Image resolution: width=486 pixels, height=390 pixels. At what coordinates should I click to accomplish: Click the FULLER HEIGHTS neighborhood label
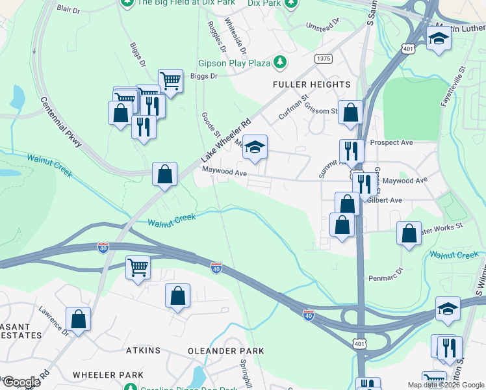[311, 84]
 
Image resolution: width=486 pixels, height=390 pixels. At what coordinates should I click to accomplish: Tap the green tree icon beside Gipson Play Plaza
[280, 62]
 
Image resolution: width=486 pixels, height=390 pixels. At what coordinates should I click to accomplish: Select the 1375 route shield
[324, 58]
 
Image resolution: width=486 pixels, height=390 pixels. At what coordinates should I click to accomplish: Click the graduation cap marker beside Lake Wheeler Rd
[255, 148]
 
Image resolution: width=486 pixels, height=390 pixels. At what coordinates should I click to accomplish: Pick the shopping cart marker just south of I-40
[138, 267]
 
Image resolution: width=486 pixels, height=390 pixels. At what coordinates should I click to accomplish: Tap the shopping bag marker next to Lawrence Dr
[78, 320]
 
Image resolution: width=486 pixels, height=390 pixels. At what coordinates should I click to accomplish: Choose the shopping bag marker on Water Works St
[409, 234]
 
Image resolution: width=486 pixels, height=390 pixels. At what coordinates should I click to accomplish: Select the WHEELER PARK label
[108, 375]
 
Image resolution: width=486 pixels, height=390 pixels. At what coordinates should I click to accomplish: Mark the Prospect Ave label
[391, 142]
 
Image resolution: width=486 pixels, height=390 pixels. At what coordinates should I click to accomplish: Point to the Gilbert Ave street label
[384, 200]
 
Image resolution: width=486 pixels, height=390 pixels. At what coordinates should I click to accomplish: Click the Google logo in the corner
[21, 382]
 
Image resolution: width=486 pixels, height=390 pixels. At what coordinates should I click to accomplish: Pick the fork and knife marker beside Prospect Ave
[351, 151]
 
